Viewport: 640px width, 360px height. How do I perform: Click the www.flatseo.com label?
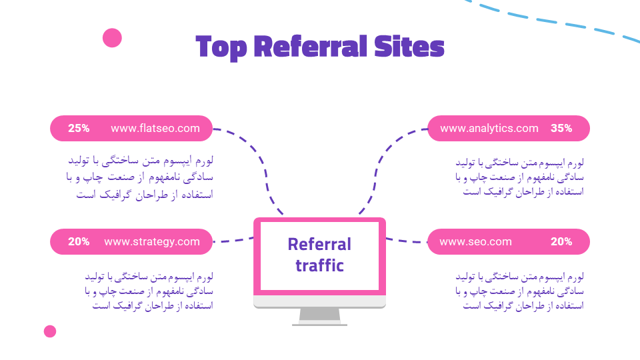coord(155,129)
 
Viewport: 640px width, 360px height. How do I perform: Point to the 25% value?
coord(79,129)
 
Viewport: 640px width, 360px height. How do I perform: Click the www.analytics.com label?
coord(489,129)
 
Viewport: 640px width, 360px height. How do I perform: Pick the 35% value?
coord(561,129)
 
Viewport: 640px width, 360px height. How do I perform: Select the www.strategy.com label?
coord(152,242)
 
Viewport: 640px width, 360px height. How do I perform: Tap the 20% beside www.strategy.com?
coord(79,242)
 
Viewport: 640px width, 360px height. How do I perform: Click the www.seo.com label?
coord(475,242)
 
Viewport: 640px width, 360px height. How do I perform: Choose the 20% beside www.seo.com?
coord(561,242)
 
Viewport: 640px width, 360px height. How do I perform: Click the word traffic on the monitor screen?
coord(319,265)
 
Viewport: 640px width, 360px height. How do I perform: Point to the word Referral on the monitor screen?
coord(319,245)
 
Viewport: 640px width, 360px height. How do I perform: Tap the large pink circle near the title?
coord(112,38)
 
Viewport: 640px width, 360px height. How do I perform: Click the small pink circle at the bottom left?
coord(50,331)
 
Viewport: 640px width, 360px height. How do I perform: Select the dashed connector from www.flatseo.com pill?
coord(260,160)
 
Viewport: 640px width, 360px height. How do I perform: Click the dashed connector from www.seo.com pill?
coord(407,241)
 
